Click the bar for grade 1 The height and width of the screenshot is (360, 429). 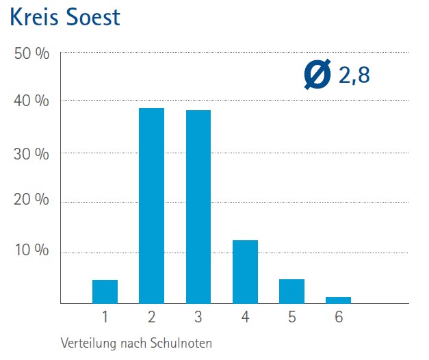click(105, 292)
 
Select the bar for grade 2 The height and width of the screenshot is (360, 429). click(151, 205)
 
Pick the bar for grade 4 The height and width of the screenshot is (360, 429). click(245, 272)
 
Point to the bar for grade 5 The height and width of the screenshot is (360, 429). click(291, 291)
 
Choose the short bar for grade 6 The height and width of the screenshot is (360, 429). click(338, 300)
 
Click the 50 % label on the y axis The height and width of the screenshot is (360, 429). click(32, 54)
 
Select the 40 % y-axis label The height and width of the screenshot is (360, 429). click(32, 101)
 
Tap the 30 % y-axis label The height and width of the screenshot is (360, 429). click(32, 153)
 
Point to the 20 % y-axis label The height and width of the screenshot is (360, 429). click(32, 200)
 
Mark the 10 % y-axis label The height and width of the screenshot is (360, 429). click(32, 250)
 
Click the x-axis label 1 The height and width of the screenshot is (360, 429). click(105, 318)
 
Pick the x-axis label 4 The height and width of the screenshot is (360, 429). click(245, 318)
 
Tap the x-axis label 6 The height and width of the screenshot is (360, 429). click(338, 318)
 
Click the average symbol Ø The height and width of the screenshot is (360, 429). click(317, 74)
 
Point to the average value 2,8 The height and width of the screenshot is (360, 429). click(354, 75)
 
